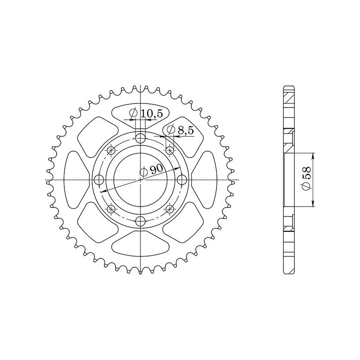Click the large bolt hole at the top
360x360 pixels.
pyautogui.click(x=141, y=138)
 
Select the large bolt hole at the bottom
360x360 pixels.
pyautogui.click(x=141, y=221)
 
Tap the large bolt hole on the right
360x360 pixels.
pyautogui.click(x=182, y=180)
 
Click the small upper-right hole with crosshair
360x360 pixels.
pyautogui.click(x=170, y=150)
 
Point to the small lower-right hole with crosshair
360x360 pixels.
pyautogui.click(x=170, y=209)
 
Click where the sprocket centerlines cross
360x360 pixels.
pyautogui.click(x=141, y=180)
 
